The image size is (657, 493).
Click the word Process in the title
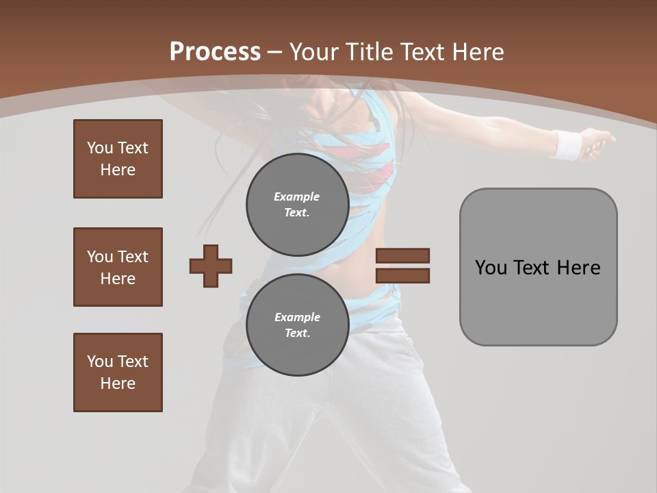point(215,51)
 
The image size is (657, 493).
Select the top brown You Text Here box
point(118,159)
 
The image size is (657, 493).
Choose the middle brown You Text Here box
point(118,267)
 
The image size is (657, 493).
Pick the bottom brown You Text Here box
point(118,372)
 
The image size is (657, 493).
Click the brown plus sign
point(211,266)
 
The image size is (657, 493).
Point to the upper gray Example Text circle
point(297,205)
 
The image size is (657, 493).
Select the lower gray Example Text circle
point(297,325)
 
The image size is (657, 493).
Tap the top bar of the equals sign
point(402,255)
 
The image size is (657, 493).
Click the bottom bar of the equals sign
point(402,275)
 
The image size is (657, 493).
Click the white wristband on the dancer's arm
point(567,144)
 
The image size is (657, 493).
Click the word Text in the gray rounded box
point(533,267)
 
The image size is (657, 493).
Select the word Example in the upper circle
point(297,197)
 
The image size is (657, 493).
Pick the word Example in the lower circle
point(297,317)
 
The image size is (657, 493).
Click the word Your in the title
point(313,51)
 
